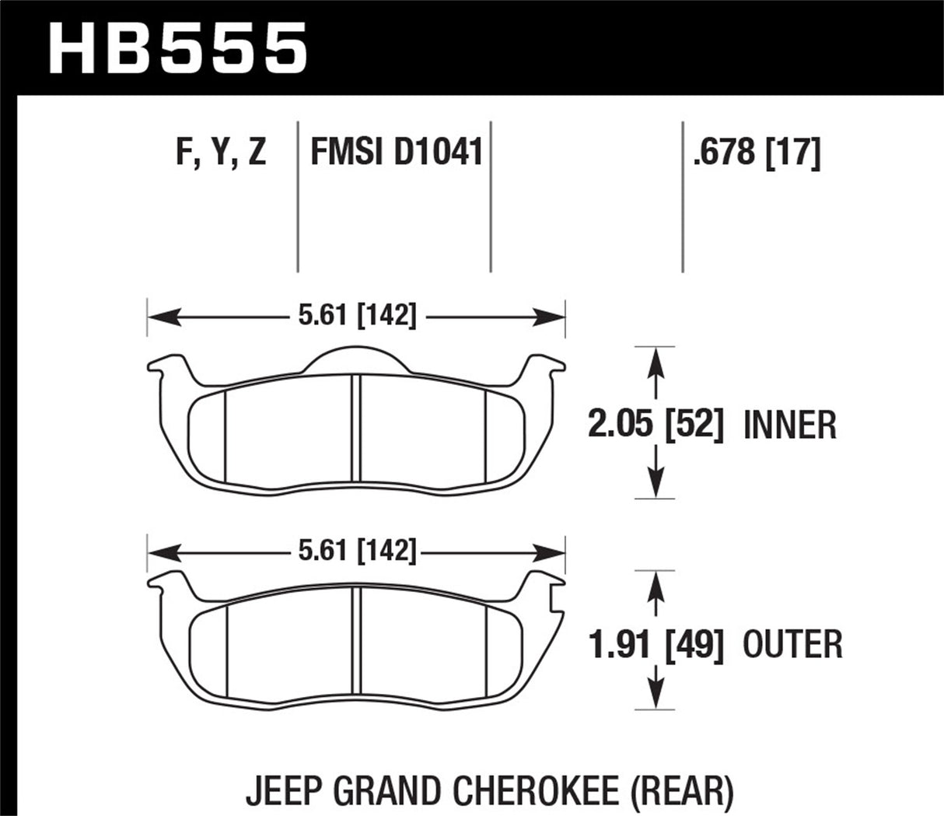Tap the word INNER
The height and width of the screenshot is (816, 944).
click(x=790, y=426)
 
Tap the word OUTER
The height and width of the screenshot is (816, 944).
click(x=793, y=644)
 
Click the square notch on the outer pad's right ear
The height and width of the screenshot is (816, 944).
click(x=556, y=598)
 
